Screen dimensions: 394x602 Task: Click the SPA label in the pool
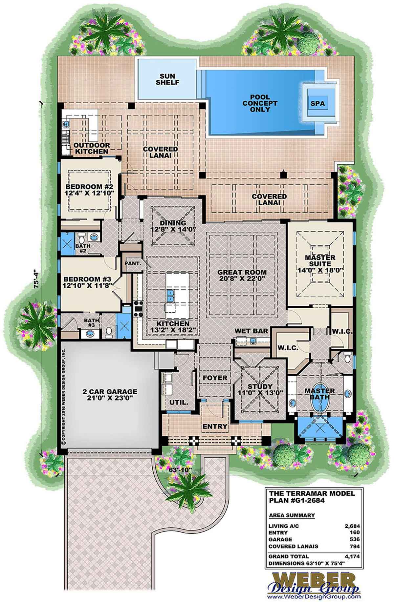pyautogui.click(x=317, y=104)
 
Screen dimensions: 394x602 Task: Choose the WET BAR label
pyautogui.click(x=252, y=331)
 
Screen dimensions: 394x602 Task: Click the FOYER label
pyautogui.click(x=215, y=378)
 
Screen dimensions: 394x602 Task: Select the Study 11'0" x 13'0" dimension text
pyautogui.click(x=260, y=393)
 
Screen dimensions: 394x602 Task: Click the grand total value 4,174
pyautogui.click(x=352, y=556)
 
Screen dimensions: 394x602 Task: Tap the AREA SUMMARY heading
pyautogui.click(x=292, y=515)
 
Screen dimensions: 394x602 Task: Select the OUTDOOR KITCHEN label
pyautogui.click(x=91, y=148)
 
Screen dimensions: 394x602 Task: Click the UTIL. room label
pyautogui.click(x=178, y=402)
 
